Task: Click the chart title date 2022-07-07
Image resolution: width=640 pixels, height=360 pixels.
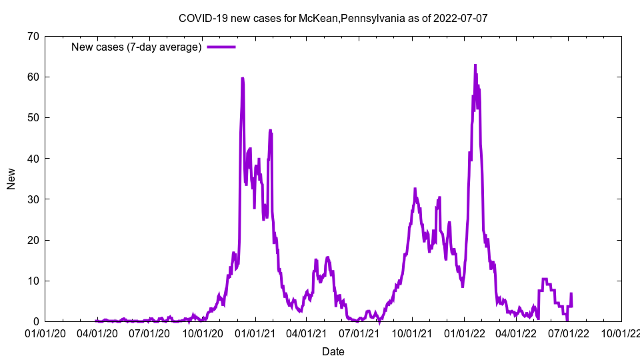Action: tap(460, 18)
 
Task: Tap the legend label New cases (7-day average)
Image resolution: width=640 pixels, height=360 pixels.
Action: tap(136, 47)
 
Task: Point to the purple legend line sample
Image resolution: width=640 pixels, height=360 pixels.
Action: tap(221, 47)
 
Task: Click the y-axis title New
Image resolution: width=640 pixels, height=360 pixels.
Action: tap(11, 179)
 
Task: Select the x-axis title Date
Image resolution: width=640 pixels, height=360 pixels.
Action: tap(333, 351)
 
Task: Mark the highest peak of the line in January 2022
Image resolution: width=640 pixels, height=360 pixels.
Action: tap(475, 65)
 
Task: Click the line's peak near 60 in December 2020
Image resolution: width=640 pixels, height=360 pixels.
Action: tap(242, 79)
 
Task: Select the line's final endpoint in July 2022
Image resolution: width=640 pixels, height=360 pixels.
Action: tap(571, 294)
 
